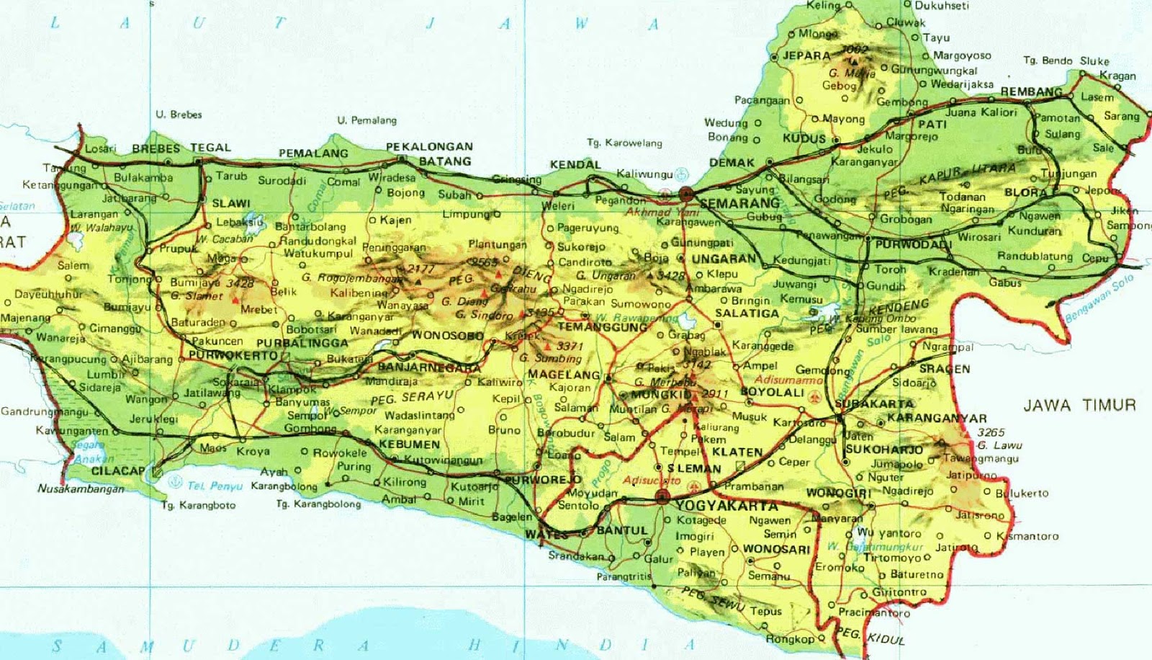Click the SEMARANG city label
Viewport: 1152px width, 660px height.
739,203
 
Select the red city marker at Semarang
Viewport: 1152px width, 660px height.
685,193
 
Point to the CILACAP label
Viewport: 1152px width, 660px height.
118,471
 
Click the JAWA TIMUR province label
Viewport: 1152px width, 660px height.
1079,406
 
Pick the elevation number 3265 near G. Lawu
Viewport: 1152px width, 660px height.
990,432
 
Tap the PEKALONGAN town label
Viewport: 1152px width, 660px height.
429,147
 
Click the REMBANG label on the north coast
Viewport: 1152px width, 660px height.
1031,92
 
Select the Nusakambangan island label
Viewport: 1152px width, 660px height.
81,489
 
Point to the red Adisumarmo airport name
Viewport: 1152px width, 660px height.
788,380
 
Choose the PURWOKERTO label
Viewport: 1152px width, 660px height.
233,356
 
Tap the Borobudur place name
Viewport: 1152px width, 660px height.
566,433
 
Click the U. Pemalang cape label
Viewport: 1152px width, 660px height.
366,120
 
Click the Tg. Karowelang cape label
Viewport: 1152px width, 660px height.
624,143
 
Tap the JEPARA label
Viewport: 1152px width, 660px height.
806,55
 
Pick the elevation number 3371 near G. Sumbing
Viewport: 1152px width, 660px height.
570,347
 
